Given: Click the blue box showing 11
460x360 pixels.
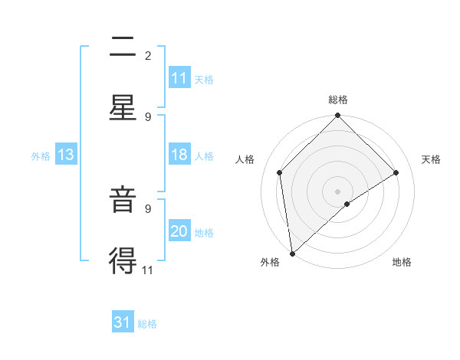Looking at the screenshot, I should click(179, 78).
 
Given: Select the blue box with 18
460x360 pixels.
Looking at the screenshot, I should click(179, 155).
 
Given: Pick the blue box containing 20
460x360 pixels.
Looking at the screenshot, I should click(179, 231).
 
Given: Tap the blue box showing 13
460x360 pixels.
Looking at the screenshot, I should click(66, 155).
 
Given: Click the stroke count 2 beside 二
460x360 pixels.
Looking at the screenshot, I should click(148, 55).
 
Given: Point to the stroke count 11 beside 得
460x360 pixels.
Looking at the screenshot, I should click(148, 269).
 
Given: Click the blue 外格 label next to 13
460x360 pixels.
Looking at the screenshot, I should click(41, 155).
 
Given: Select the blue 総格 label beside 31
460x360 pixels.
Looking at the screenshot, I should click(147, 323).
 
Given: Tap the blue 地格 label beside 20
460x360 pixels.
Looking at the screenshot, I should click(204, 232).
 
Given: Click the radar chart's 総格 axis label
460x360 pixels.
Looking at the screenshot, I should click(338, 100).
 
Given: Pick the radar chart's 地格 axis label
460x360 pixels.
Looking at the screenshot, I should click(402, 263).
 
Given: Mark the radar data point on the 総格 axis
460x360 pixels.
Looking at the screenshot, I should click(338, 116).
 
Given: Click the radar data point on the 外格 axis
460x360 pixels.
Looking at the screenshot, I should click(292, 254).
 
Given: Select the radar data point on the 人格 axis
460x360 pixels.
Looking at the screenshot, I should click(280, 172).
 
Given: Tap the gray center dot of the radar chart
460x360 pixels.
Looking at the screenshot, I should click(338, 191).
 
